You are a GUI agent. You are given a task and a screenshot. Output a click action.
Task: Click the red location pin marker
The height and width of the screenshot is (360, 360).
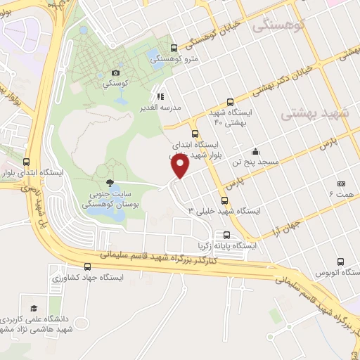click(181, 166)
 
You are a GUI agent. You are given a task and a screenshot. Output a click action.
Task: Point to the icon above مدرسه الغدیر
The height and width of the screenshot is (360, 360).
click(160, 96)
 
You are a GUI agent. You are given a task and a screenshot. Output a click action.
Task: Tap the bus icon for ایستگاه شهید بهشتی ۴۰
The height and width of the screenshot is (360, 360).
click(231, 102)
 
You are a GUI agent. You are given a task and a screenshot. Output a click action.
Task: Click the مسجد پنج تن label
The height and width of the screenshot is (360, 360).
click(258, 162)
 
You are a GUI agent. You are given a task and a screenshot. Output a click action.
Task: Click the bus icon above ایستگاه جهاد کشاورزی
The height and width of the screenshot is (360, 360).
click(88, 266)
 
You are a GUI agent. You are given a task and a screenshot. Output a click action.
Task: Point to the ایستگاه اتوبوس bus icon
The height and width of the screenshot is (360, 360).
click(341, 261)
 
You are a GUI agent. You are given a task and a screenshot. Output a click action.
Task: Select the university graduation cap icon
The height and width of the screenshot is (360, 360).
click(33, 308)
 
